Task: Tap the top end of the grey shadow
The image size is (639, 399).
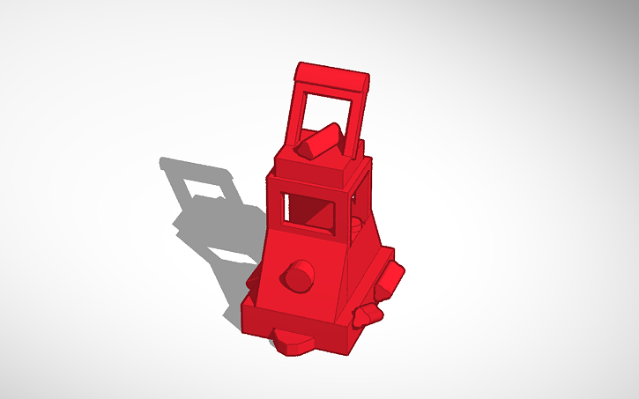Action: pyautogui.click(x=167, y=163)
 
